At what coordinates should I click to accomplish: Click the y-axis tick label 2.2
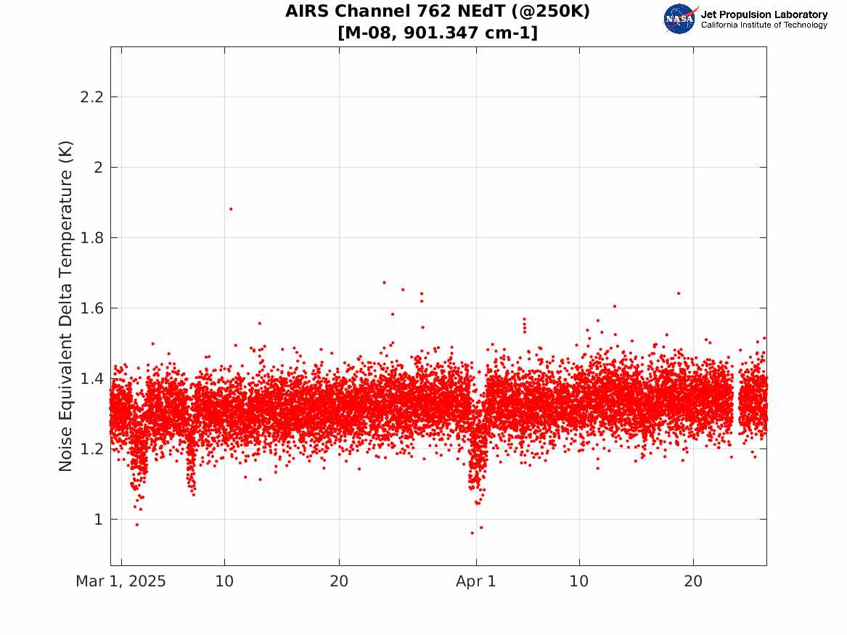(x=91, y=97)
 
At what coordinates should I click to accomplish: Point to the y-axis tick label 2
(x=98, y=168)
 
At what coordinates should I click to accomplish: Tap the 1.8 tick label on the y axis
(x=91, y=237)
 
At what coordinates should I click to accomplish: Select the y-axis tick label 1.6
(x=91, y=308)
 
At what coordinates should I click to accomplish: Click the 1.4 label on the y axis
(x=91, y=379)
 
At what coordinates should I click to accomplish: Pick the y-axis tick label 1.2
(x=91, y=448)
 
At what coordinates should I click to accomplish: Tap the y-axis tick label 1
(x=98, y=520)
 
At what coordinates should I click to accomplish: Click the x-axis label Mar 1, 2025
(x=120, y=581)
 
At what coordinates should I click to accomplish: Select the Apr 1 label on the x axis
(x=476, y=581)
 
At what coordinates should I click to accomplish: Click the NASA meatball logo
(x=680, y=20)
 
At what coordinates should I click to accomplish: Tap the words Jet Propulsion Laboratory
(x=764, y=15)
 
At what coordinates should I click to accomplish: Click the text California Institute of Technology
(x=764, y=25)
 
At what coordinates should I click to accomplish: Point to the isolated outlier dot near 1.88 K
(x=231, y=209)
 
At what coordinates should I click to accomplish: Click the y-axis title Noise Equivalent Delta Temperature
(x=65, y=306)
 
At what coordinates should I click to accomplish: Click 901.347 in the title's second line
(x=441, y=33)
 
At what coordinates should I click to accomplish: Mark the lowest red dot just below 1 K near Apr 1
(x=472, y=533)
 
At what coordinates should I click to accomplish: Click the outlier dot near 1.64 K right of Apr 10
(x=679, y=294)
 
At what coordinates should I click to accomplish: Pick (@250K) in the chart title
(x=550, y=11)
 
